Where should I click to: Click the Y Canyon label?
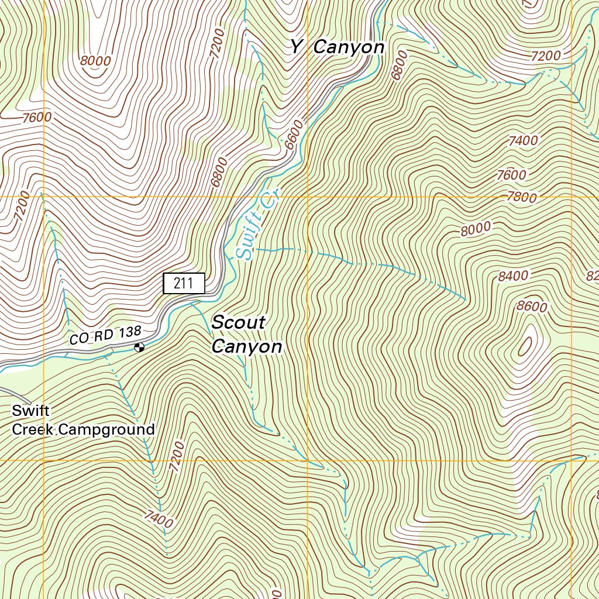coord(338,47)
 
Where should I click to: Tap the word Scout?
coord(238,322)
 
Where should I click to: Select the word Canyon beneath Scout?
coord(246,347)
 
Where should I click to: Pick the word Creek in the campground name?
coord(33,430)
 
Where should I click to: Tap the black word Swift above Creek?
coord(30,411)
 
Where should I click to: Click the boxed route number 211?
coord(184,284)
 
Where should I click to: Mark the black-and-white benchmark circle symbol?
coord(139,348)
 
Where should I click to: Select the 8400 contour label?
coord(513,276)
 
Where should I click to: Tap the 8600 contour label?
coord(532,307)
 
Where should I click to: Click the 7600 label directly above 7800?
coord(511,175)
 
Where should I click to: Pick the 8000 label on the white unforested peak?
coord(95,60)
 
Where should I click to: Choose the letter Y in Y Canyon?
coord(297,47)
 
